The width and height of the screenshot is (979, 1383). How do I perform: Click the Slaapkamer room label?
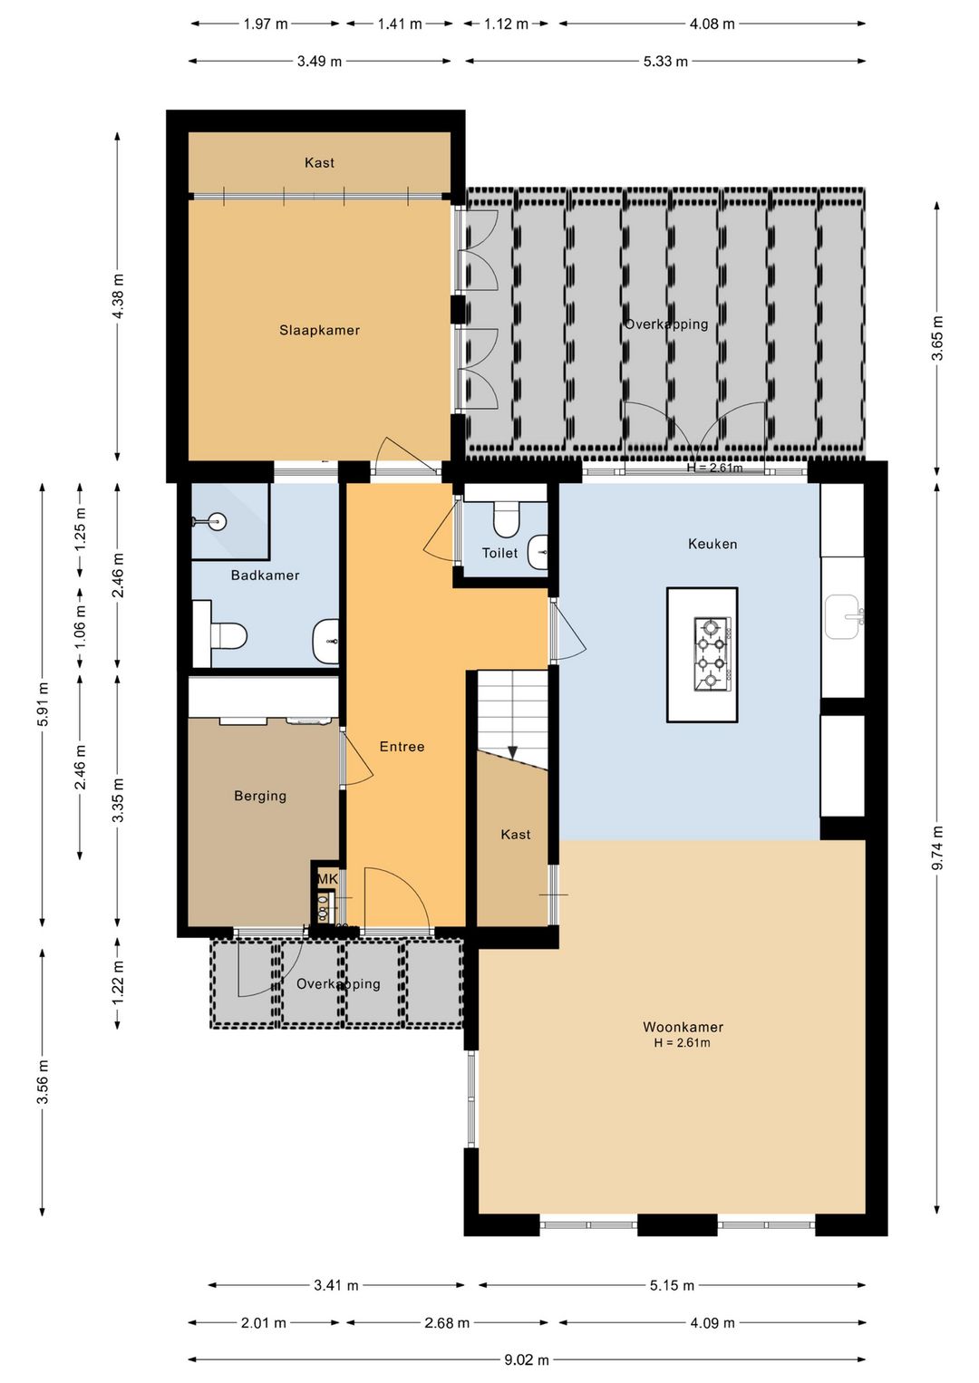pyautogui.click(x=319, y=330)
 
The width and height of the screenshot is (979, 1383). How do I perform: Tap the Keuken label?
pyautogui.click(x=712, y=544)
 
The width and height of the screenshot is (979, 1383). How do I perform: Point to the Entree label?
pyautogui.click(x=402, y=747)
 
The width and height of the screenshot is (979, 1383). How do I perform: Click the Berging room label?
pyautogui.click(x=260, y=796)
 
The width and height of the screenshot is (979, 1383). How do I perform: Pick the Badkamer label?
pyautogui.click(x=265, y=575)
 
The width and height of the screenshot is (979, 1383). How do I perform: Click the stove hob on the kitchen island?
pyautogui.click(x=712, y=653)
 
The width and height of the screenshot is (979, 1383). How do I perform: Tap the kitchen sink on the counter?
pyautogui.click(x=842, y=617)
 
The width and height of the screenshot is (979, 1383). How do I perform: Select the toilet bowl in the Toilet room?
pyautogui.click(x=507, y=519)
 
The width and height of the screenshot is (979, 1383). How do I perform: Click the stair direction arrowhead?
pyautogui.click(x=512, y=751)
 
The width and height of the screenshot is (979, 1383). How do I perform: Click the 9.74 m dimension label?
pyautogui.click(x=937, y=847)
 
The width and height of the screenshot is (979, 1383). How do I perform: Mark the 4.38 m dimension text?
pyautogui.click(x=119, y=295)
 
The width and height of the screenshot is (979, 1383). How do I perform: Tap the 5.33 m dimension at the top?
pyautogui.click(x=665, y=61)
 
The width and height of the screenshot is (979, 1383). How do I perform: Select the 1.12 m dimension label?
pyautogui.click(x=506, y=24)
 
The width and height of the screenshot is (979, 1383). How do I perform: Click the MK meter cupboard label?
pyautogui.click(x=327, y=878)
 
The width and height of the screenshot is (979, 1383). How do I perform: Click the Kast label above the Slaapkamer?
pyautogui.click(x=319, y=163)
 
